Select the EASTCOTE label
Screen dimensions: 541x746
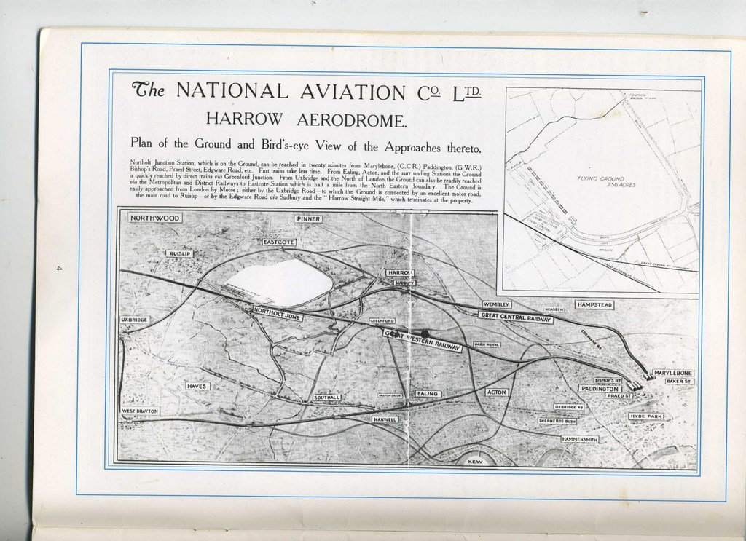point(278,241)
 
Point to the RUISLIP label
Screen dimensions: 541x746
point(178,253)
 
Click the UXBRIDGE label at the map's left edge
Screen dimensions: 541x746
point(134,320)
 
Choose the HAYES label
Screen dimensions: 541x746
point(197,386)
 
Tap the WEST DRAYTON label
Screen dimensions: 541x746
point(139,411)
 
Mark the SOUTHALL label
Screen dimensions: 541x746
point(327,398)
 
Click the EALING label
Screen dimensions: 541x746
point(427,393)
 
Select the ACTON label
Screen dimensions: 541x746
point(498,392)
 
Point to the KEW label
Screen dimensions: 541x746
point(474,462)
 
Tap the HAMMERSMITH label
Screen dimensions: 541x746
point(580,440)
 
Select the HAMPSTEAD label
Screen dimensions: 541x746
point(595,304)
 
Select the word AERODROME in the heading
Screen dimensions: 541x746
point(344,119)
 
